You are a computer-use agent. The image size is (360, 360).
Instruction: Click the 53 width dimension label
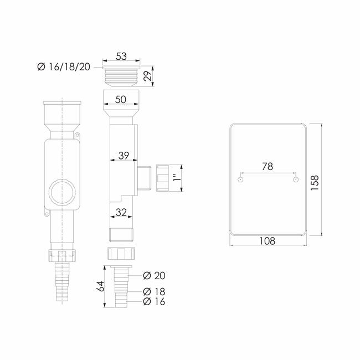coord(121,56)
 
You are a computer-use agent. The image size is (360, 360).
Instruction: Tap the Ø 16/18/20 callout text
coord(64,67)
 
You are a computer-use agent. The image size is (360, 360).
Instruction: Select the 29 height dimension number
coord(148,76)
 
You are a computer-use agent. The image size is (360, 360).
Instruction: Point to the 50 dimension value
coord(121,99)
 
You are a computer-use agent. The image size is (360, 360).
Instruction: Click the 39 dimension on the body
coord(124,156)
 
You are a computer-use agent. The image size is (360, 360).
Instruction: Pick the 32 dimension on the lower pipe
coord(121,212)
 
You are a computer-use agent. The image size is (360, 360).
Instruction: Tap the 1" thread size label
coord(177,177)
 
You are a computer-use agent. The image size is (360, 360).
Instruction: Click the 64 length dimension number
coord(101,286)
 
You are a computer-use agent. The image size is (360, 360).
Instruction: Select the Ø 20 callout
coord(154,275)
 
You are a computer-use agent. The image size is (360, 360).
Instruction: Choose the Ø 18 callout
coord(154,291)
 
